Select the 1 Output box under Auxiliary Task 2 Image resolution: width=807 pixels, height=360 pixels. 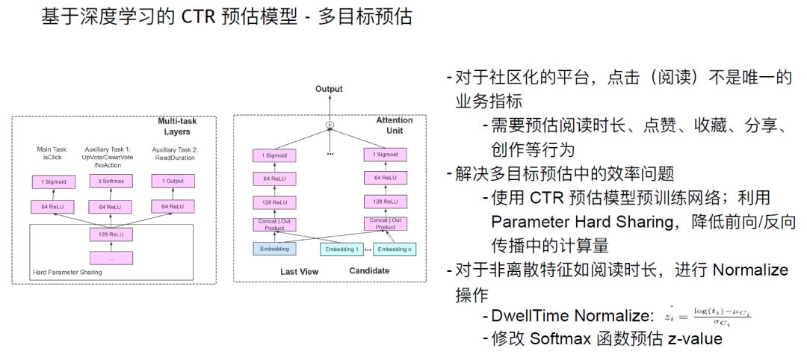(x=173, y=181)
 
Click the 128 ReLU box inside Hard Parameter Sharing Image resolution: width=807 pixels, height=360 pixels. (x=110, y=235)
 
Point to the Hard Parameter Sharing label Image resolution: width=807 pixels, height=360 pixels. (x=67, y=272)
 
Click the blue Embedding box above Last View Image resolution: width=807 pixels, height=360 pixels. (x=274, y=248)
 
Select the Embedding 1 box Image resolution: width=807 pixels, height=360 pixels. (x=341, y=249)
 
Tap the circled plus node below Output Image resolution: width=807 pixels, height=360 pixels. (x=329, y=124)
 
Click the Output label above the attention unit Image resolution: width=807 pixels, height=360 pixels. (x=329, y=89)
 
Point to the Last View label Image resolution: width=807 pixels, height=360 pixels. (x=299, y=271)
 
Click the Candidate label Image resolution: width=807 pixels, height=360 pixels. (x=369, y=270)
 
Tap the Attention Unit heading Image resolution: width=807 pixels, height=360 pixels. (x=394, y=125)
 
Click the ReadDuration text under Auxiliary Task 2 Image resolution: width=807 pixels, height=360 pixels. (x=173, y=158)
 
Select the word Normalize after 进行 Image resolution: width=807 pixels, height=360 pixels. (x=749, y=270)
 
